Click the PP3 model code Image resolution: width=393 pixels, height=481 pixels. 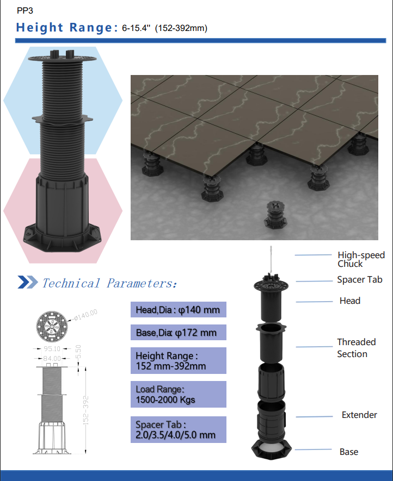25,11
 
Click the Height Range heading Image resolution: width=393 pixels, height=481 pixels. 66,27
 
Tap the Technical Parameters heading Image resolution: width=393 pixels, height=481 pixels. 109,283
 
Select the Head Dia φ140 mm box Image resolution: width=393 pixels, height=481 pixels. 178,309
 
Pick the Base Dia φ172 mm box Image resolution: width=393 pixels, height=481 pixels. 178,333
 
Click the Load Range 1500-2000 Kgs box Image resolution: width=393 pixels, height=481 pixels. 178,394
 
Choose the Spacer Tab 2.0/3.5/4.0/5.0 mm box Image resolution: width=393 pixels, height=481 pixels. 178,429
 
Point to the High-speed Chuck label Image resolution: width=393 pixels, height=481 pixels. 361,259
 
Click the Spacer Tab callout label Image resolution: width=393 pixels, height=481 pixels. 359,279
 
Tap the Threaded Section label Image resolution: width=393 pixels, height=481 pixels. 357,348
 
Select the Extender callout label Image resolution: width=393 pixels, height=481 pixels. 359,415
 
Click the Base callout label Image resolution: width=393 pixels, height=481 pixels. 349,452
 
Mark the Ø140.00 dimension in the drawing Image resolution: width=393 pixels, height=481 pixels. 86,315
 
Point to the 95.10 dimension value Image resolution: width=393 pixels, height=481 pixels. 52,349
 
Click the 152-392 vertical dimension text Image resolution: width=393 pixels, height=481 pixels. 85,410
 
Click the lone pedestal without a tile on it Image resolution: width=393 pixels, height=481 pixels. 275,215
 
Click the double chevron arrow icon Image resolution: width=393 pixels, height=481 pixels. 28,282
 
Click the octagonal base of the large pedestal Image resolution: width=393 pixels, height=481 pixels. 62,238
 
